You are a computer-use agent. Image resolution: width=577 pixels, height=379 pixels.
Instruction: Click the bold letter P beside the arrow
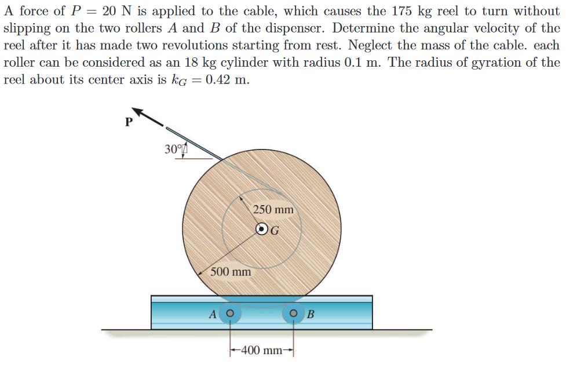(x=129, y=122)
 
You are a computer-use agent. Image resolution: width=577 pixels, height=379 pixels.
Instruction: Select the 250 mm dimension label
(x=273, y=209)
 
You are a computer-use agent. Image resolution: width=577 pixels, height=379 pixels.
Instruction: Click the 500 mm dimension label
(x=231, y=271)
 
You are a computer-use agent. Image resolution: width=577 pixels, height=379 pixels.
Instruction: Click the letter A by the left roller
(x=213, y=315)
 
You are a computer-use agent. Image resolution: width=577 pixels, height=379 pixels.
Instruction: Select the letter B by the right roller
(x=311, y=315)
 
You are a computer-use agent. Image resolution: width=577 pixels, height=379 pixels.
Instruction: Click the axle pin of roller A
(x=230, y=314)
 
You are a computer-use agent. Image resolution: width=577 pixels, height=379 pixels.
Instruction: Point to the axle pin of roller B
(x=294, y=314)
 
